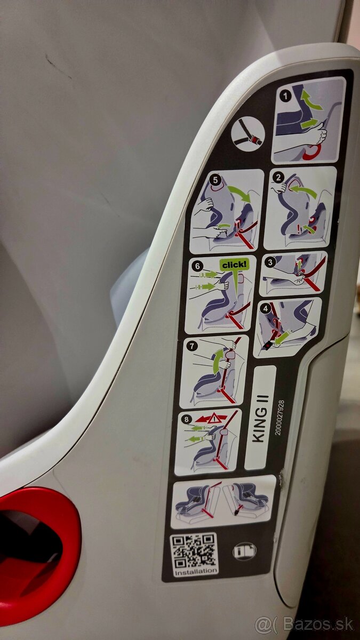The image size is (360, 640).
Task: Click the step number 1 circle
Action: pyautogui.click(x=286, y=96)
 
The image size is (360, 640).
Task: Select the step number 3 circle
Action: pyautogui.click(x=271, y=262)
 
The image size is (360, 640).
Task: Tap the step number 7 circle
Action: pyautogui.click(x=193, y=345)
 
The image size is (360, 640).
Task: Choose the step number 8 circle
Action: pyautogui.click(x=186, y=419)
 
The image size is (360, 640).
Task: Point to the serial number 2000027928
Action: pyautogui.click(x=279, y=418)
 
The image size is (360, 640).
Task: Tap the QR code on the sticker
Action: pyautogui.click(x=194, y=550)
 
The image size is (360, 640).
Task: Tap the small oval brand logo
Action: pyautogui.click(x=244, y=550)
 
